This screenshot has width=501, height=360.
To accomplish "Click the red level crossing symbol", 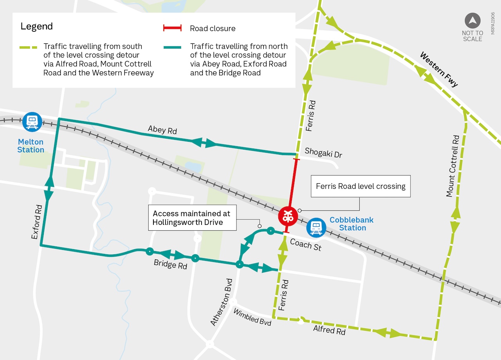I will pos(288,216).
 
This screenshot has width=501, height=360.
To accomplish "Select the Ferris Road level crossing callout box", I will pos(360,186).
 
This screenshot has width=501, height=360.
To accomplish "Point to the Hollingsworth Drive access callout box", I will pos(192,218).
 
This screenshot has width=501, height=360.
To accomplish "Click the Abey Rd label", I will pos(162,130).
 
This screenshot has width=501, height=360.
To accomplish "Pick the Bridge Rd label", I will pos(170,264).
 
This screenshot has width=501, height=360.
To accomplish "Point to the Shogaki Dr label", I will pos(323,153).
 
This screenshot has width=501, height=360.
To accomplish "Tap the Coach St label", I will pos(306,244).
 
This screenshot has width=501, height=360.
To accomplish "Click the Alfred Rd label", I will pos(329,330).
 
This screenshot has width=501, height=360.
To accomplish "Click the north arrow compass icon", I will pos(472,21).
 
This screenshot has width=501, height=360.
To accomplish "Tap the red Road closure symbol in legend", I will pos(172,28).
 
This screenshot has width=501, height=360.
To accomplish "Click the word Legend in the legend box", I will pos(36,27).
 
